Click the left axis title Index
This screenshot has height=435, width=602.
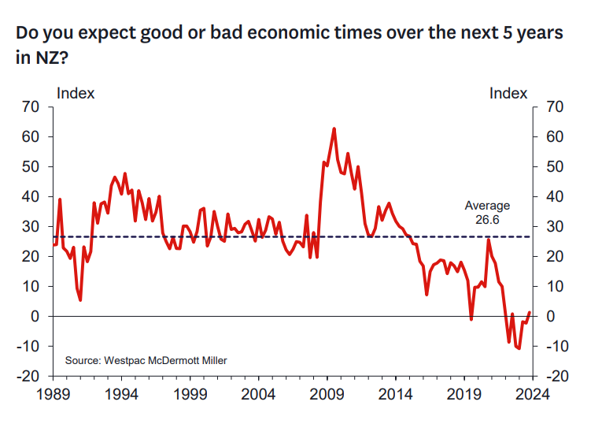tap(76, 93)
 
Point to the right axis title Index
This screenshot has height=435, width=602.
tap(508, 93)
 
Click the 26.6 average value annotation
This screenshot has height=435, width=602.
tap(488, 220)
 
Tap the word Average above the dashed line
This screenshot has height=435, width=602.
tap(487, 206)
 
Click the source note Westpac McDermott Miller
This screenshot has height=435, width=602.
tap(146, 360)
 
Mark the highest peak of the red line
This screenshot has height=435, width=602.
tap(334, 128)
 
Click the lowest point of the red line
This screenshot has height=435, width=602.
tap(519, 348)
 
